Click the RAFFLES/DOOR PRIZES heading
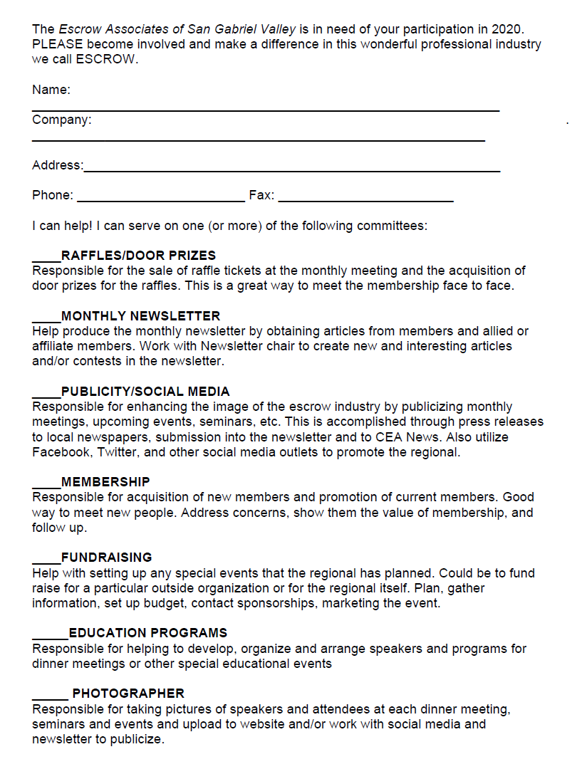click(138, 255)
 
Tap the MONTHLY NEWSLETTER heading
click(140, 315)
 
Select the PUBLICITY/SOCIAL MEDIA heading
click(145, 392)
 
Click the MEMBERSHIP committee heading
click(105, 482)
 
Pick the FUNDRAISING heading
click(106, 558)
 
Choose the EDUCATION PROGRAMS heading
click(148, 633)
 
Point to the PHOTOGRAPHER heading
click(128, 694)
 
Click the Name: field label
click(51, 90)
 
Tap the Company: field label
click(62, 120)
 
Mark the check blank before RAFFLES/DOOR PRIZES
click(46, 258)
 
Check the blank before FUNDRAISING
click(46, 561)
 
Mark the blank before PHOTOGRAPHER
click(50, 697)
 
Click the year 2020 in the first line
click(512, 29)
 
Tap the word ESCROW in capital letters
click(111, 59)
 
